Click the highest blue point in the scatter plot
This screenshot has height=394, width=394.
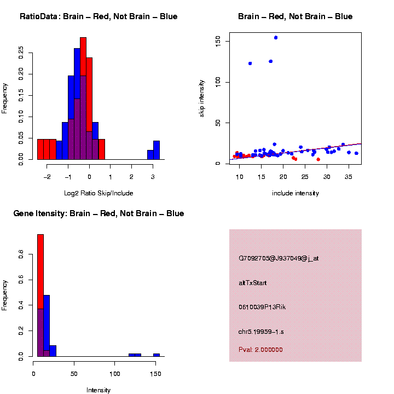[276, 38]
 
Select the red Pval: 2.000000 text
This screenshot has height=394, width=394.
[260, 350]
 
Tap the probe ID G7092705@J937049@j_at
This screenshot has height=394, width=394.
[279, 258]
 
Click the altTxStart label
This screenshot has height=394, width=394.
[252, 283]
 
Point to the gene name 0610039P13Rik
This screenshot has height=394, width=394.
[262, 307]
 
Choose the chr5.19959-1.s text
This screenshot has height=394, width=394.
[261, 332]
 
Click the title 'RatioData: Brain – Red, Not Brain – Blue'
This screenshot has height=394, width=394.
[99, 17]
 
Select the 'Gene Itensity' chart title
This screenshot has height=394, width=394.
[99, 213]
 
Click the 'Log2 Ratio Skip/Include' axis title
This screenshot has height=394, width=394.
[99, 193]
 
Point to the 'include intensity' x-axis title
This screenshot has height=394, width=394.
[296, 193]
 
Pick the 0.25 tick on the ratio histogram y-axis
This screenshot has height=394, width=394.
[22, 53]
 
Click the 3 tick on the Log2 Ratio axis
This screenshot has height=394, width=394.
[153, 177]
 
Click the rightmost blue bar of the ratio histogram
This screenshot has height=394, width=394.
[157, 150]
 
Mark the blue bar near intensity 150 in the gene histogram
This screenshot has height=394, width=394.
[157, 355]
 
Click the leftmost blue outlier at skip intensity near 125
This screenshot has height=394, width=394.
[250, 63]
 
